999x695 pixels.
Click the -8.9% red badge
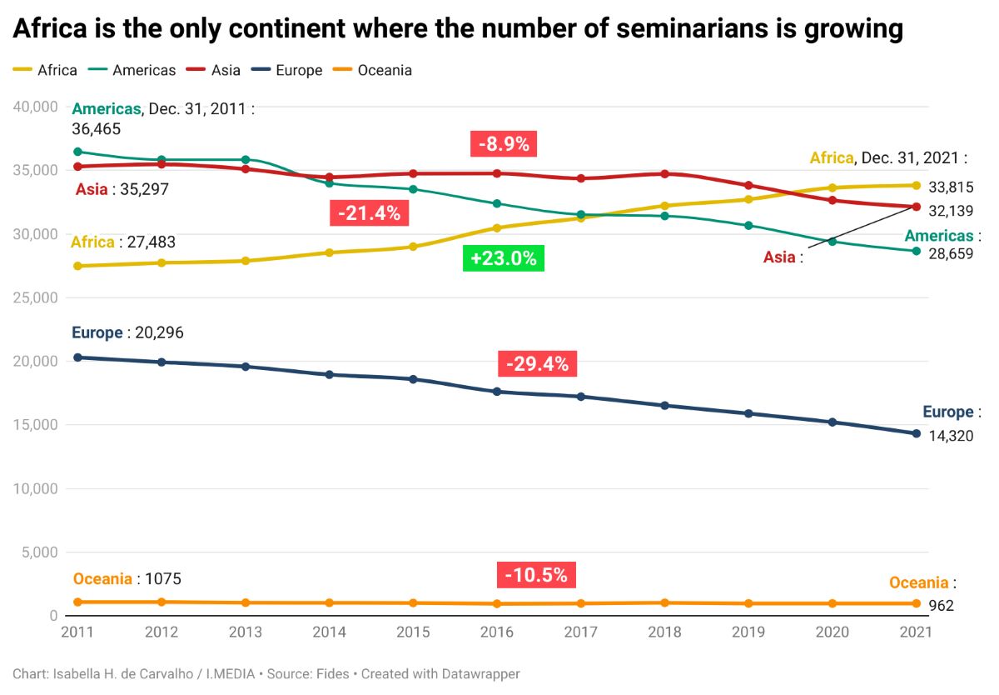tap(504, 143)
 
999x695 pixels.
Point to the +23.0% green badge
tap(503, 258)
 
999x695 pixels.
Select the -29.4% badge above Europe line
tap(537, 364)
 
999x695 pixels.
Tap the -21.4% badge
tap(369, 213)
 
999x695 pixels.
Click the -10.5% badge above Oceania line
tap(536, 575)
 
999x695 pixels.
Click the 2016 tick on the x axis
tap(497, 632)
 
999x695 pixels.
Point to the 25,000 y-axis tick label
tap(34, 297)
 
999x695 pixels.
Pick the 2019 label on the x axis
tap(748, 632)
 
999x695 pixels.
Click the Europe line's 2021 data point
tap(917, 433)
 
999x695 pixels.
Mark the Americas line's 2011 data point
tap(78, 152)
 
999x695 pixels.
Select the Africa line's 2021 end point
tap(917, 186)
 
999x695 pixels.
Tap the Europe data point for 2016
tap(497, 392)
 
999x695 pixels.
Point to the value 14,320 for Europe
tap(951, 435)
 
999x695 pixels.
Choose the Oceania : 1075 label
tap(127, 578)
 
